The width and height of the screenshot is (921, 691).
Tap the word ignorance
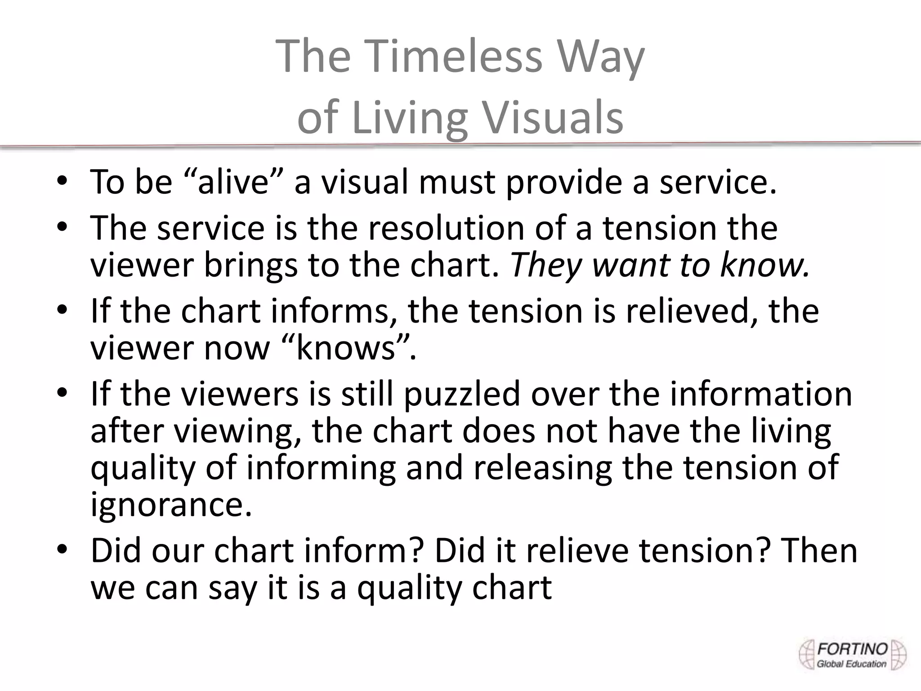point(171,505)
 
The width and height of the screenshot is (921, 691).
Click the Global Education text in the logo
point(851,664)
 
